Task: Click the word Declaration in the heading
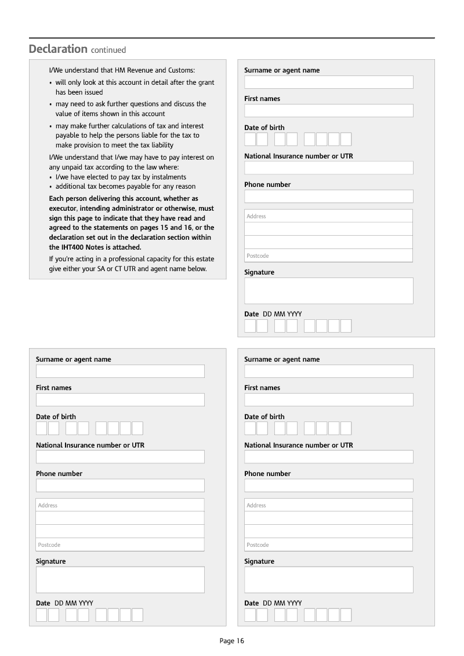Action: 58,49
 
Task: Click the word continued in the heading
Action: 108,50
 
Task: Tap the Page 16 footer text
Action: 232,641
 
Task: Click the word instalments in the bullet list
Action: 168,177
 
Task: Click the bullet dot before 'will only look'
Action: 50,83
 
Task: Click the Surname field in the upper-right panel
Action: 328,82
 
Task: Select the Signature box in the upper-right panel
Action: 328,291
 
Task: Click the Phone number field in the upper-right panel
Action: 328,196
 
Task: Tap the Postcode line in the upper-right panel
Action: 328,255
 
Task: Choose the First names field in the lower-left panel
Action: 120,400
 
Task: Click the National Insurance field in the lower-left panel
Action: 120,457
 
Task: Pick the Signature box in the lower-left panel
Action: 120,580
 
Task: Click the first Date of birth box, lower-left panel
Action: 41,428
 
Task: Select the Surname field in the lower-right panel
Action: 328,372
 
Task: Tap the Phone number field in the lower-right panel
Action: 328,485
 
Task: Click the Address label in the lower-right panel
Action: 256,506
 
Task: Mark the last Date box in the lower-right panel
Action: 346,615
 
